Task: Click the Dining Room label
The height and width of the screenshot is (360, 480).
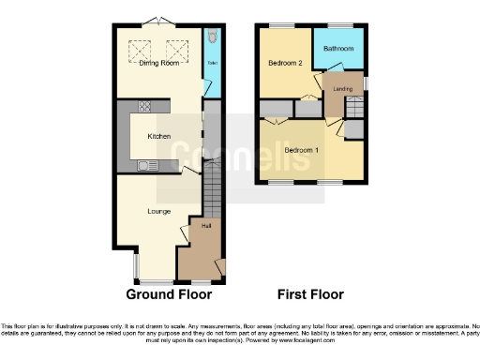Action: (157, 64)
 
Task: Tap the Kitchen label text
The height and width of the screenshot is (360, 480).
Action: (158, 137)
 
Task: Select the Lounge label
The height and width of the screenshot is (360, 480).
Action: (158, 211)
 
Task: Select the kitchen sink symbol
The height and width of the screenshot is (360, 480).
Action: (148, 166)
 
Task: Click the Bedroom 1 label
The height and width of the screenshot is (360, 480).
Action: (302, 150)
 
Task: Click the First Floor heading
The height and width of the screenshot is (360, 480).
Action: (307, 293)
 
